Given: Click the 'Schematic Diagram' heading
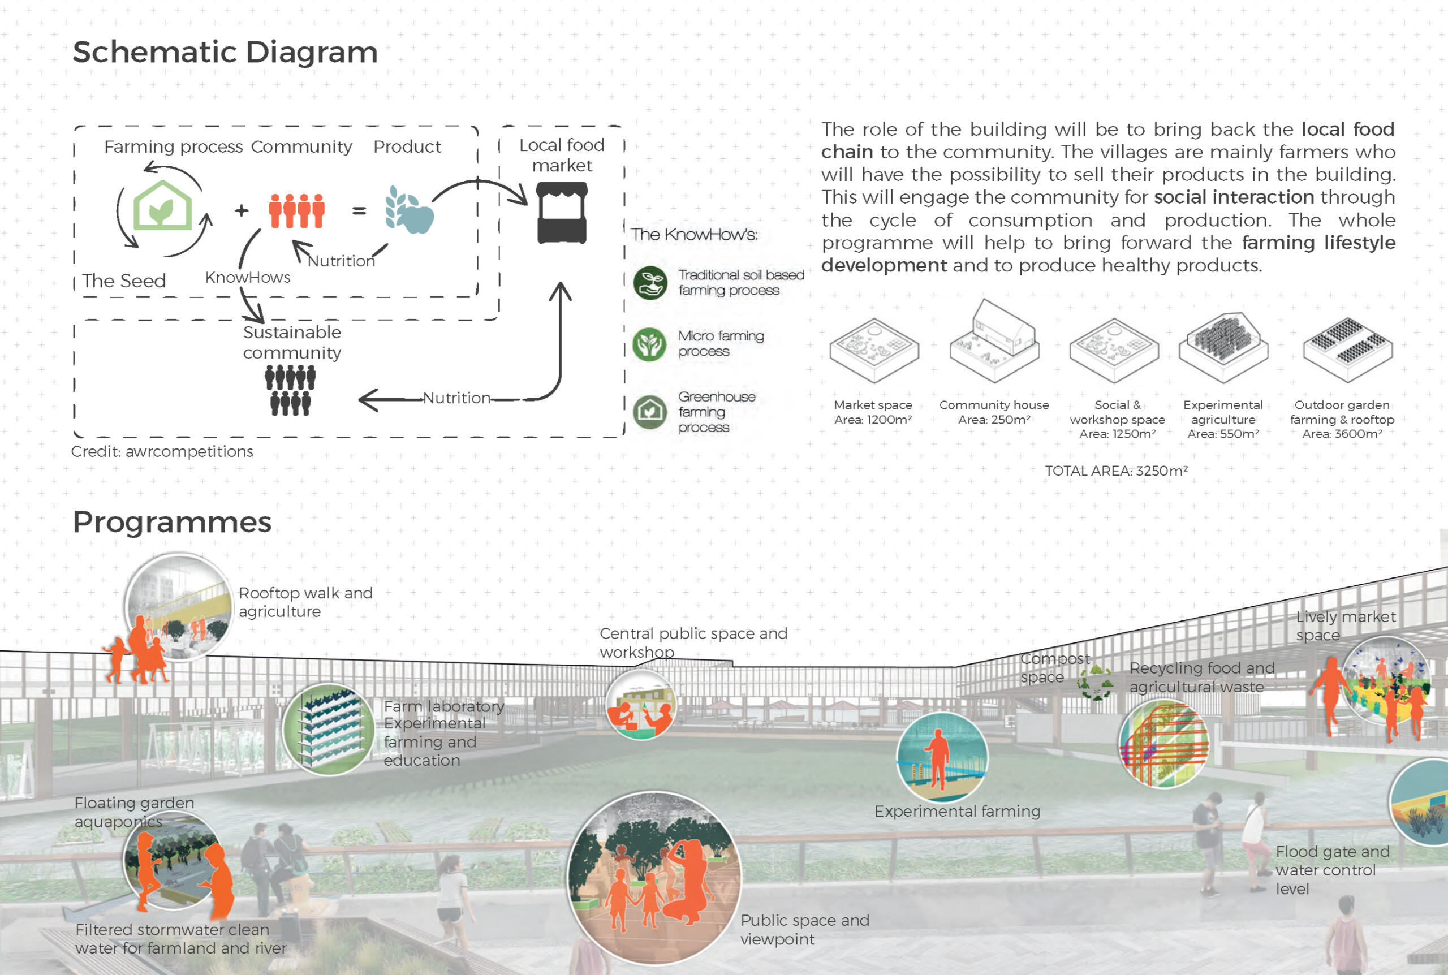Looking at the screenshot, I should [225, 52].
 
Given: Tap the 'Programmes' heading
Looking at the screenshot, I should [172, 521].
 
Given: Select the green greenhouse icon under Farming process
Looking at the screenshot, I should [163, 206].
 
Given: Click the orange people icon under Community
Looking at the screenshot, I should [296, 211].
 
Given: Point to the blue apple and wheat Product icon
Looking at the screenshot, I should [409, 210].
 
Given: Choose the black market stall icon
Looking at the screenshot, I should [562, 213].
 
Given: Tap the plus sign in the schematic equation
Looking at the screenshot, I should [241, 212].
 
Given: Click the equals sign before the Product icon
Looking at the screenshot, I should [359, 212].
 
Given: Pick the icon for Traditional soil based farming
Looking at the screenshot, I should [650, 283].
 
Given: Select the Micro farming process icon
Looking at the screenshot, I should [649, 344].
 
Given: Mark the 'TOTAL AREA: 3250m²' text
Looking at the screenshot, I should [1116, 471].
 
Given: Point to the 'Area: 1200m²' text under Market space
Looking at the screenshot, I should [873, 420].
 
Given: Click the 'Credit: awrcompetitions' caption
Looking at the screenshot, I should [162, 451].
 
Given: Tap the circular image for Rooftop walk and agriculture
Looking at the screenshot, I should [179, 606].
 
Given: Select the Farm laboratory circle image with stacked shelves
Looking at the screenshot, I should [329, 729].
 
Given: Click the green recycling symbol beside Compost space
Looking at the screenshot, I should [1096, 683].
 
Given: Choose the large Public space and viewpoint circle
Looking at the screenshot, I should [654, 877].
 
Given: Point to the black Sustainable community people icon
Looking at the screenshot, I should [290, 390].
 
